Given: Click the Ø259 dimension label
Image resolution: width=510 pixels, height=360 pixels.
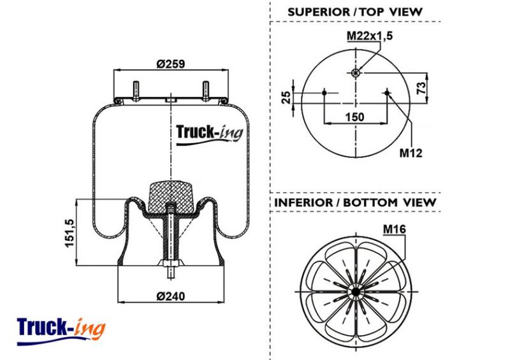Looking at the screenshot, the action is pos(170,64).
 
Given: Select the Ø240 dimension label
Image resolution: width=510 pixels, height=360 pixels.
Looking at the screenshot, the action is pos(170,296).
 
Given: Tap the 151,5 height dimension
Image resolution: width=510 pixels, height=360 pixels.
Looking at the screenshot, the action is pos(70,233).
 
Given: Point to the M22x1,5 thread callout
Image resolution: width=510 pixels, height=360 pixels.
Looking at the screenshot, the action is pos(370,36).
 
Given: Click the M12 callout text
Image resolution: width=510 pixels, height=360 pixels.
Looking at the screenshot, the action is pos(411,152).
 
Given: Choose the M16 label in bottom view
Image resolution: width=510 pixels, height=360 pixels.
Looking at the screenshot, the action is pos(394,229).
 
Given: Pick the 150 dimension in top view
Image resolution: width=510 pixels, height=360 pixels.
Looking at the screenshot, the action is pos(354,117).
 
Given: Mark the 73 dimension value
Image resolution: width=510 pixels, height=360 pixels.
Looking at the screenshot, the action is pos(421,88).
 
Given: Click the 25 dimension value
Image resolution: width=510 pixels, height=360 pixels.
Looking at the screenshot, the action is pos(286,97).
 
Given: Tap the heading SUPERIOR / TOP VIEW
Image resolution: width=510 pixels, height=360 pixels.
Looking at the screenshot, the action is pos(355,12).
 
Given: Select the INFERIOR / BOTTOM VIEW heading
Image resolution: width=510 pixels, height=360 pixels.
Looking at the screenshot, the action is pos(355,202).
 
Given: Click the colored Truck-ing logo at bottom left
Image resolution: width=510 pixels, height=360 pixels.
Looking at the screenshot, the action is pos(61,331).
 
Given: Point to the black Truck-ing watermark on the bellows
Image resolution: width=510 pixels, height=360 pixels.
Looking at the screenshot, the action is pos(210,134).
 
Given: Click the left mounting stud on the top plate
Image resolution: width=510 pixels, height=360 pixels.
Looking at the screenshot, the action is pos(136,90).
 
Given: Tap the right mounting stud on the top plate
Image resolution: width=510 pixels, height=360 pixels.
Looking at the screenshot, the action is pos(206,90).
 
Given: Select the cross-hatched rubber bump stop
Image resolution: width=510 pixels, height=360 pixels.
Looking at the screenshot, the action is pos(170,198).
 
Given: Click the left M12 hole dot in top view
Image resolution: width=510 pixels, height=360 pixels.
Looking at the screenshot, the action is pos(324,93).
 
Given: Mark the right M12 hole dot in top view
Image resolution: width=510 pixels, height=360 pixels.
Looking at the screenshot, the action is pos(387,93).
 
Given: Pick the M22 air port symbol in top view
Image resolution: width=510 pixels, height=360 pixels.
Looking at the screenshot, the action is pos(356,73).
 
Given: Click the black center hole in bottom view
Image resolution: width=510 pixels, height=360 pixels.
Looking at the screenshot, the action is pos(356,292).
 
